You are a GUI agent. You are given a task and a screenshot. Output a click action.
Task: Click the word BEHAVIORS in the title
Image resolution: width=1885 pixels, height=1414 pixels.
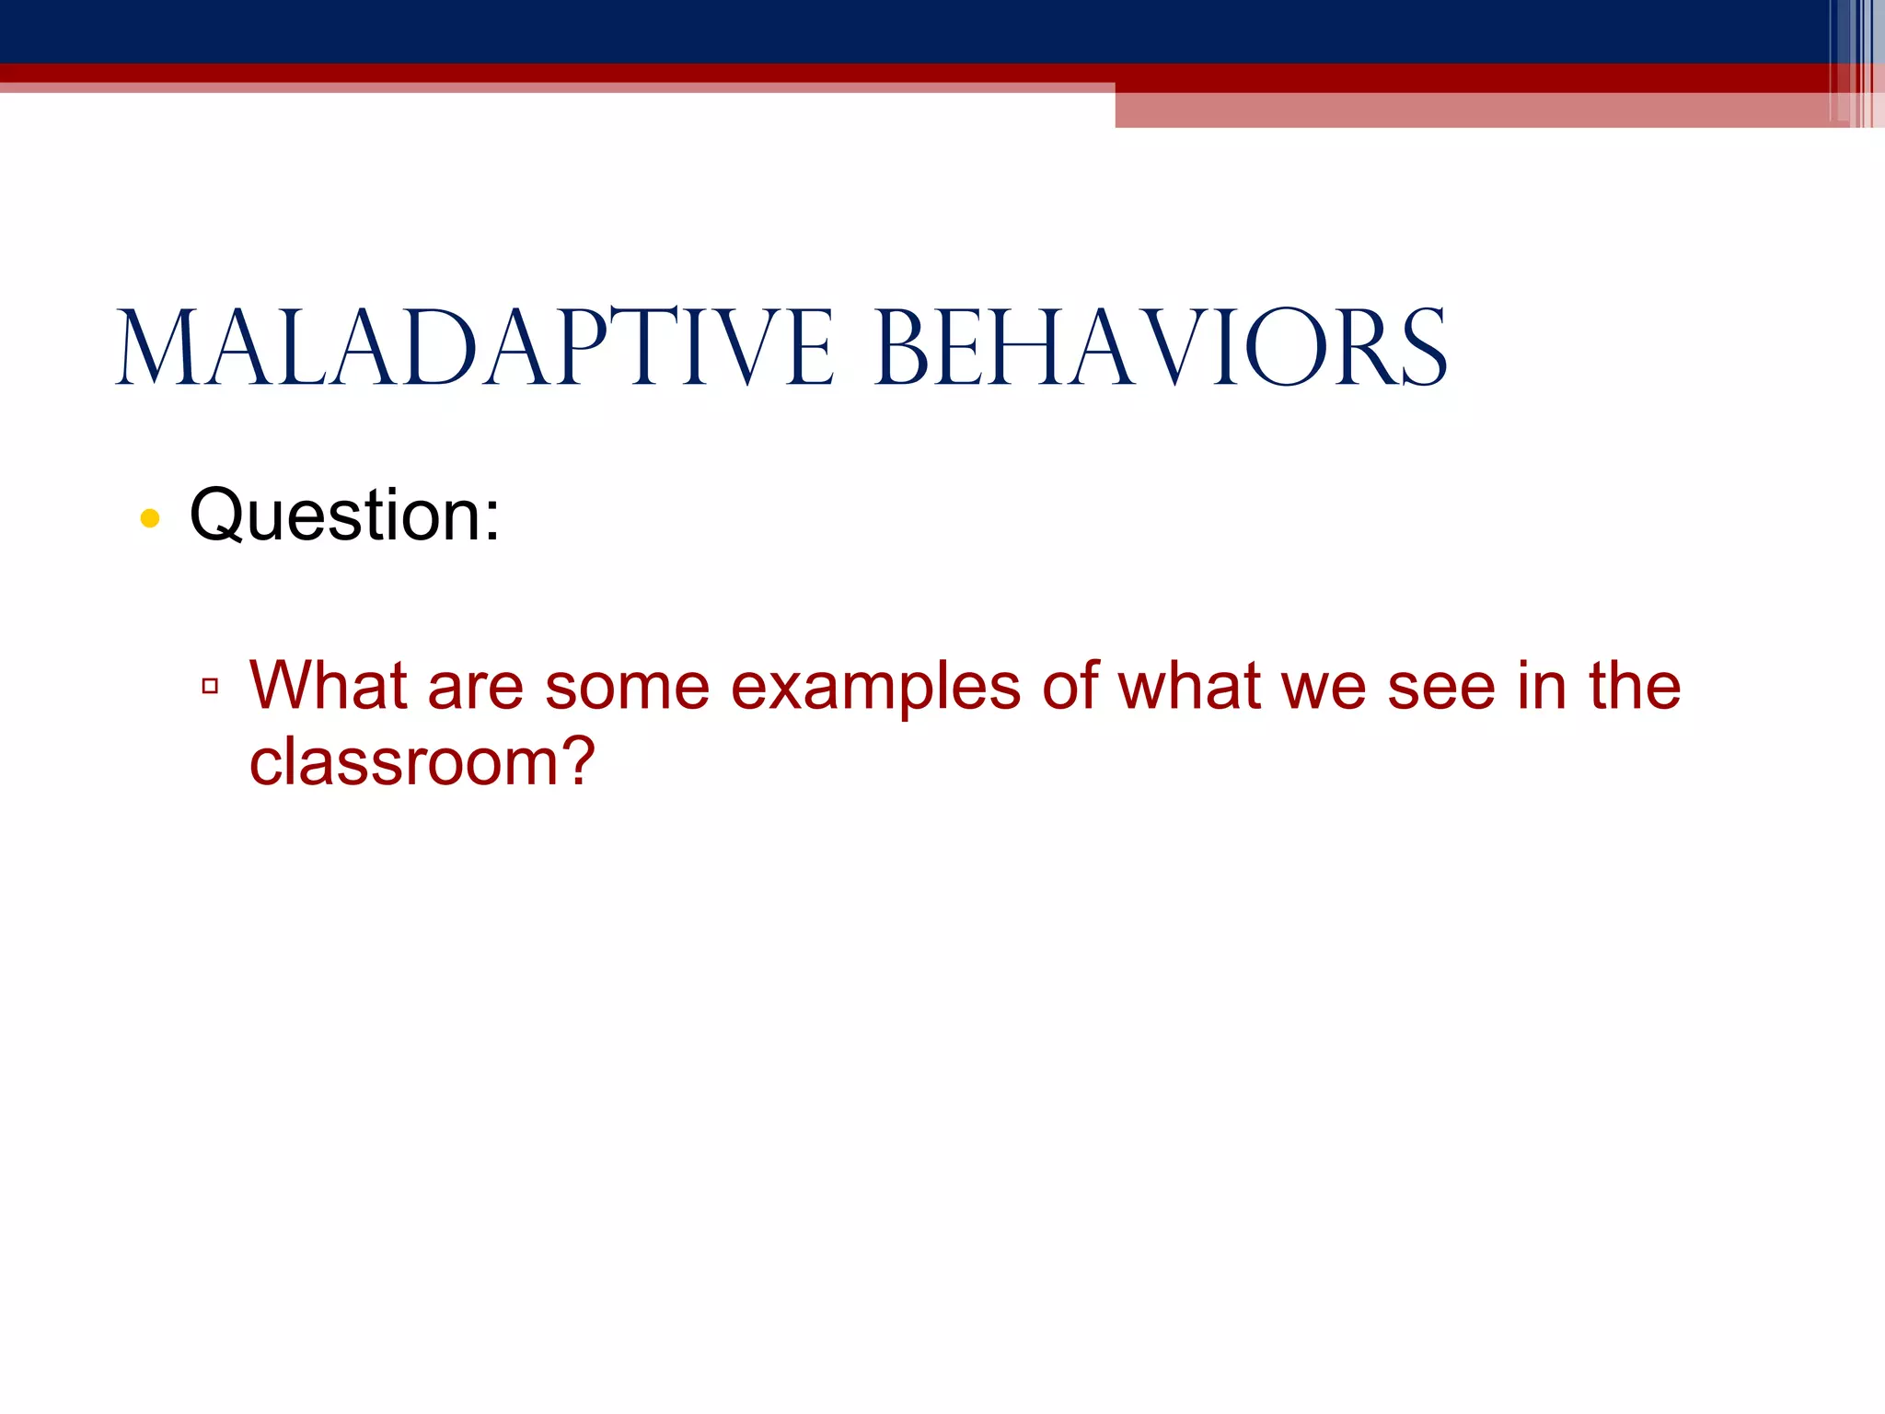[1162, 350]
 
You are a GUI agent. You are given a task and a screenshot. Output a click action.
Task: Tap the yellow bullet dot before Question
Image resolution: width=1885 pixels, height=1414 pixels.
[150, 519]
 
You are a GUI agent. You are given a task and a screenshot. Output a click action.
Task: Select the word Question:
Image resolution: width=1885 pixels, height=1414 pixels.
[344, 516]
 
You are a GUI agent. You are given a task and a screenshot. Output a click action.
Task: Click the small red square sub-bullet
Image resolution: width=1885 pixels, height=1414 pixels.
[210, 686]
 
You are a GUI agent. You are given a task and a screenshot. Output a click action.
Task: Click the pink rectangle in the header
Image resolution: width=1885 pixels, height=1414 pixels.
[1473, 110]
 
